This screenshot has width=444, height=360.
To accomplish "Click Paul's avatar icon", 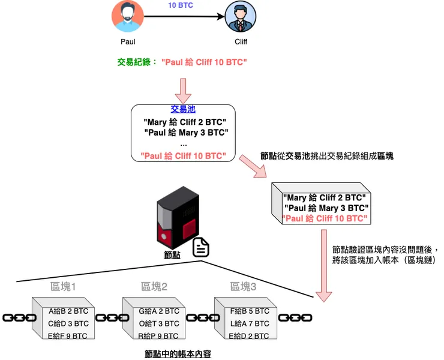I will [127, 17].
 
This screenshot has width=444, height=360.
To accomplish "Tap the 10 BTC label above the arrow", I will [181, 5].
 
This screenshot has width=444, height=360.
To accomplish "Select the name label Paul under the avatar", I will [128, 42].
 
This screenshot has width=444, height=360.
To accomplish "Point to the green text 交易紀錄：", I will [137, 62].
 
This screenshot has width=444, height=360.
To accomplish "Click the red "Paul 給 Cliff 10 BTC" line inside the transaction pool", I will [183, 155].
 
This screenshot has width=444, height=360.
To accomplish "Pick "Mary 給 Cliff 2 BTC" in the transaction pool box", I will [185, 121].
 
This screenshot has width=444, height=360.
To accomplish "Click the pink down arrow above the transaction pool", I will [182, 89].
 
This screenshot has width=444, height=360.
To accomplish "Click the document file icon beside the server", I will [201, 248].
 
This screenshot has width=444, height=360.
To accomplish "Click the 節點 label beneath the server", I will [172, 255].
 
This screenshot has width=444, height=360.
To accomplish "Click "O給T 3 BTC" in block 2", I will [159, 323].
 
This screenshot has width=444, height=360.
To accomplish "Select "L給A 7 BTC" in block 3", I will [249, 323].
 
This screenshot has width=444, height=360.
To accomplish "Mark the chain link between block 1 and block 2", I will [109, 317].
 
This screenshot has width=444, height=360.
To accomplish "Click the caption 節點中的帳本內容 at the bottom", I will [178, 353].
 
